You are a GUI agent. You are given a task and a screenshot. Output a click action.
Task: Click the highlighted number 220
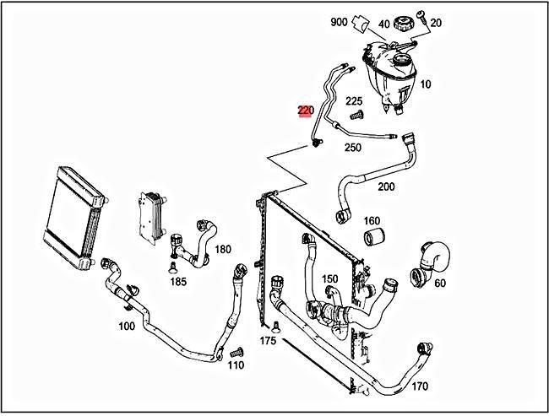(x=306, y=111)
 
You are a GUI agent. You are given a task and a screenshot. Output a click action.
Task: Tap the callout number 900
(x=339, y=22)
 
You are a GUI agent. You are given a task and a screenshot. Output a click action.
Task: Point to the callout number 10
(x=426, y=84)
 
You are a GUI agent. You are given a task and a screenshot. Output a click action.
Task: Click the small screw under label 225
(x=356, y=115)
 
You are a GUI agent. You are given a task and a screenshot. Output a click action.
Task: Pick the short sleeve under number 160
(x=374, y=237)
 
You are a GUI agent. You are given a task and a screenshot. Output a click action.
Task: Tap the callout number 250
(x=352, y=148)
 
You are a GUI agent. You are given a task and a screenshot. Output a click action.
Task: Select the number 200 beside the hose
(x=386, y=186)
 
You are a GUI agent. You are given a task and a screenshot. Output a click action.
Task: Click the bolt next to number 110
(x=236, y=351)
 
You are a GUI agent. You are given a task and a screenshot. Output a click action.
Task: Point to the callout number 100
(x=127, y=326)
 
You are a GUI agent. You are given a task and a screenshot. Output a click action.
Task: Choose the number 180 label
(x=223, y=249)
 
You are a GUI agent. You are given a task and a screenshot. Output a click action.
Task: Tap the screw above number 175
(x=276, y=326)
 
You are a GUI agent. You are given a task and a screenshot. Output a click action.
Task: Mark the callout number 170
(x=420, y=386)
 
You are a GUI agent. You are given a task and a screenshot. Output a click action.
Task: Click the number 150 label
(x=329, y=278)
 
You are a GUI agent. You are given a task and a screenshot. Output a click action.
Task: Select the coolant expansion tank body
(x=389, y=75)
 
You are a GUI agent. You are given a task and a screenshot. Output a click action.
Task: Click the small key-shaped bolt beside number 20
(x=421, y=17)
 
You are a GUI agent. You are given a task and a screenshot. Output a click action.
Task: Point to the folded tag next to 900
(x=361, y=24)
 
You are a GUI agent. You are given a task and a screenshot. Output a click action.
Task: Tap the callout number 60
(x=440, y=283)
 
